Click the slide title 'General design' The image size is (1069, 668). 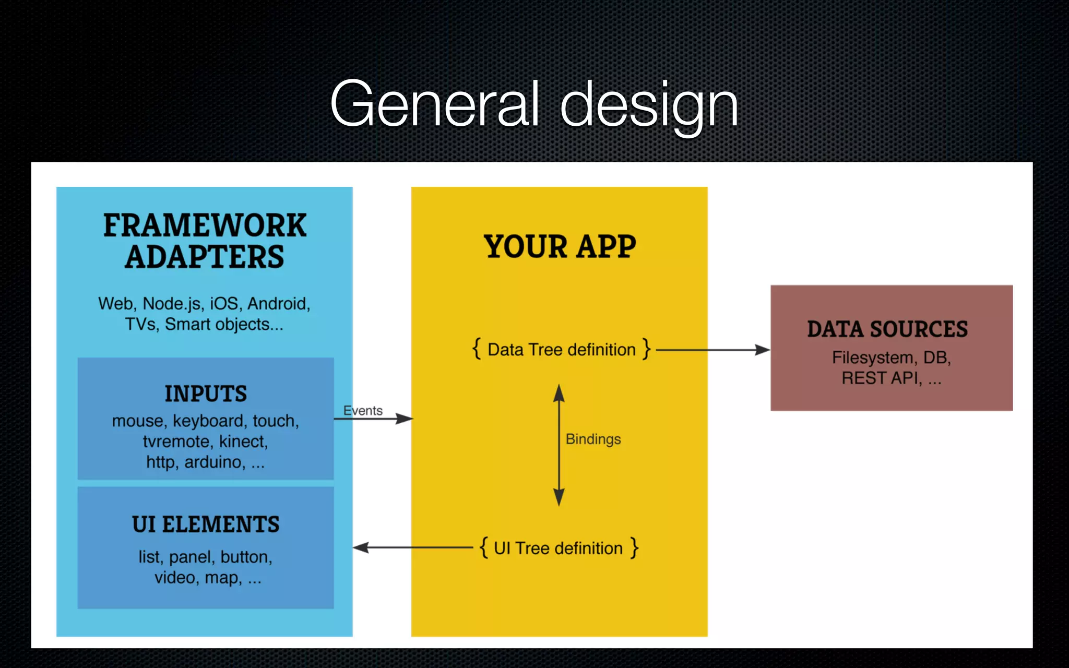[x=534, y=104]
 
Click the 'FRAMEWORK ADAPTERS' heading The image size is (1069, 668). [x=205, y=241]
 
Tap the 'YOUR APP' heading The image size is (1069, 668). [x=560, y=246]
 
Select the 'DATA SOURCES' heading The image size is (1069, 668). [x=887, y=329]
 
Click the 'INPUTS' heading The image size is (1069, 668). [x=206, y=393]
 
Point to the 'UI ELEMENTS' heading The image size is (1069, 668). [x=206, y=524]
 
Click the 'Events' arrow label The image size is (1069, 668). [x=363, y=411]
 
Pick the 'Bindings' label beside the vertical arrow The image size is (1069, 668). [x=593, y=439]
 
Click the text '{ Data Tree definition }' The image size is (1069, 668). [x=561, y=349]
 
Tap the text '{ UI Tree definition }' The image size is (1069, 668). [x=559, y=548]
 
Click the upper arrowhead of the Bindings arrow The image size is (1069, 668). [x=559, y=392]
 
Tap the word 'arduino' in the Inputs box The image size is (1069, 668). [x=215, y=462]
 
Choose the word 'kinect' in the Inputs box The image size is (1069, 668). [x=243, y=442]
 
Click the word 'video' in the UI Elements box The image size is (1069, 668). [x=175, y=578]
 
